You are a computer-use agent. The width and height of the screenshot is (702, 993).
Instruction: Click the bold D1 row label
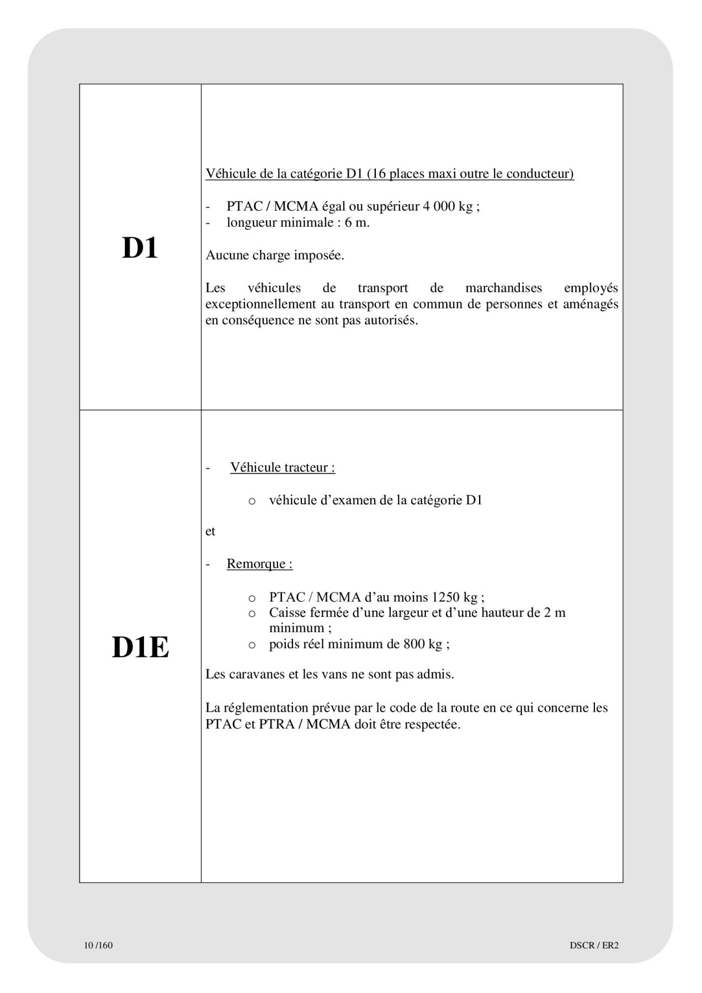point(140,248)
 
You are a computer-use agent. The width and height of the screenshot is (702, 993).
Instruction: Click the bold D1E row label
point(140,647)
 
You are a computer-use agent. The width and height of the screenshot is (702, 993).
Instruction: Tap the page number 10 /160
point(98,945)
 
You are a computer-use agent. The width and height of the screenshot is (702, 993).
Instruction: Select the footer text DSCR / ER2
point(594,945)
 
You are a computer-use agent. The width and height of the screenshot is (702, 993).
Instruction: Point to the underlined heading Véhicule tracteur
point(283,467)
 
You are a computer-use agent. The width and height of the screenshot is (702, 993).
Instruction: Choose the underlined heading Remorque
point(259,564)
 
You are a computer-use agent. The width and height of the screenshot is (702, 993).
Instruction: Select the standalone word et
point(210,531)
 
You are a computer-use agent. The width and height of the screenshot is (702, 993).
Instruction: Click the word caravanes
point(256,674)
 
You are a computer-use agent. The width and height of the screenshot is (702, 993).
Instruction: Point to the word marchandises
point(503,288)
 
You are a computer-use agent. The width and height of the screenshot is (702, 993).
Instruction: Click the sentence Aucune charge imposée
point(275,255)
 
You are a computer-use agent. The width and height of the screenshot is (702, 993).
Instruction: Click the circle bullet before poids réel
point(252,644)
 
